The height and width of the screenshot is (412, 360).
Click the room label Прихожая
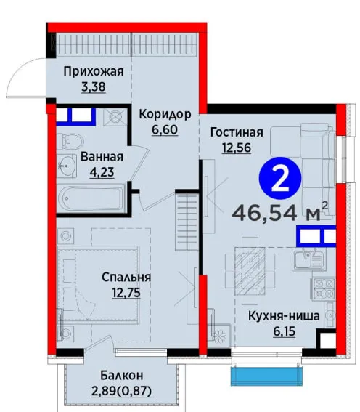pyautogui.click(x=94, y=72)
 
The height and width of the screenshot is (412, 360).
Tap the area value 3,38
pyautogui.click(x=94, y=87)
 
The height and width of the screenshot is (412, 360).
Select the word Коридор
pyautogui.click(x=165, y=114)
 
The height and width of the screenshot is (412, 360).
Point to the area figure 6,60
pyautogui.click(x=165, y=129)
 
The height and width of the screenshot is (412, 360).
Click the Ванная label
pyautogui.click(x=102, y=157)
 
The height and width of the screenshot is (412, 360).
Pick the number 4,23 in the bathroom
pyautogui.click(x=102, y=172)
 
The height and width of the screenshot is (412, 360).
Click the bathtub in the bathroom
pyautogui.click(x=91, y=197)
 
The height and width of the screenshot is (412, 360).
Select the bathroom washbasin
pyautogui.click(x=67, y=166)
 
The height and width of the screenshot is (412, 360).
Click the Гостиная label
pyautogui.click(x=237, y=132)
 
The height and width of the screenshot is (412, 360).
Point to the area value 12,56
pyautogui.click(x=237, y=148)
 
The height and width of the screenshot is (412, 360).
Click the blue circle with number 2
pyautogui.click(x=280, y=179)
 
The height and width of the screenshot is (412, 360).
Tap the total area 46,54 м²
pyautogui.click(x=280, y=212)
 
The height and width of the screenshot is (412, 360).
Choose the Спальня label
pyautogui.click(x=126, y=277)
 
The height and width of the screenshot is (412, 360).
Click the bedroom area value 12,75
pyautogui.click(x=126, y=292)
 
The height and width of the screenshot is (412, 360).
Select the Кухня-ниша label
pyautogui.click(x=284, y=316)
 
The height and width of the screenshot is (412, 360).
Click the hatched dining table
pyautogui.click(x=250, y=270)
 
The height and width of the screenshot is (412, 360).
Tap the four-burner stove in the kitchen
pyautogui.click(x=324, y=288)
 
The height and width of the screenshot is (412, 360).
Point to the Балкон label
pyautogui.click(x=122, y=376)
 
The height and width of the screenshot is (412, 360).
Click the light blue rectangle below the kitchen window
pyautogui.click(x=266, y=376)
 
